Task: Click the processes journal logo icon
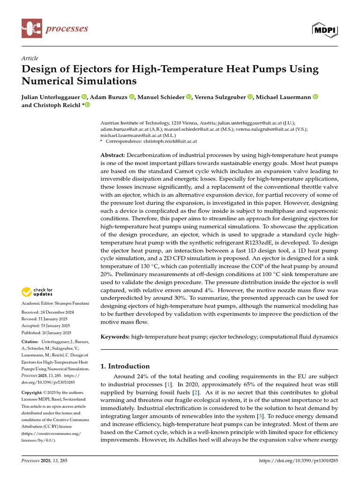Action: [x=31, y=29]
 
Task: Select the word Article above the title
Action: [x=30, y=58]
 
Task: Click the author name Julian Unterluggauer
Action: [x=51, y=97]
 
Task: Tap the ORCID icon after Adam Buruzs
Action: [x=132, y=97]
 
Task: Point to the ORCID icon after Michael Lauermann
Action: [x=315, y=97]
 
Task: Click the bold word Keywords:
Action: [x=115, y=337]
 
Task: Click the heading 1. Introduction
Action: [x=125, y=366]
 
